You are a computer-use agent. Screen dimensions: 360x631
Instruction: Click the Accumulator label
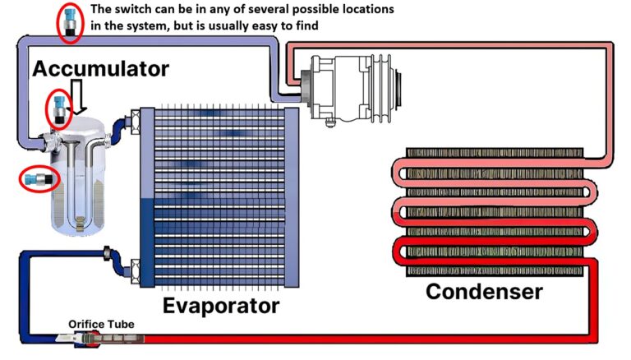[101, 68]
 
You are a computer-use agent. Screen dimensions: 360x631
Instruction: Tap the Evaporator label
[220, 306]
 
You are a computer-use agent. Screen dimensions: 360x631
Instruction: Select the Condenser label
[484, 291]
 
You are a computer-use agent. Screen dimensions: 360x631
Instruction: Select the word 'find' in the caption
[306, 26]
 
